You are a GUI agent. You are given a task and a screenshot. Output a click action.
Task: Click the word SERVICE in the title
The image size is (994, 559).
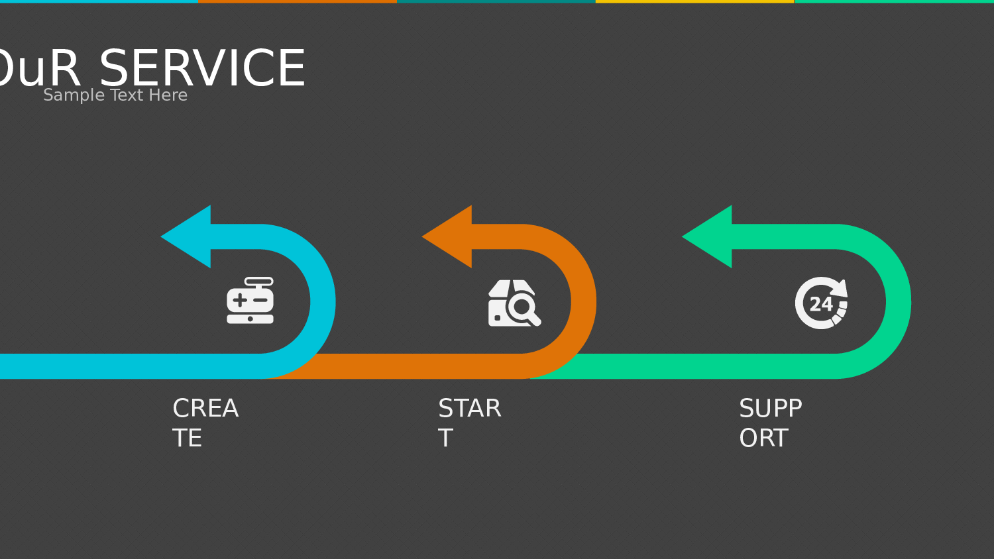202,68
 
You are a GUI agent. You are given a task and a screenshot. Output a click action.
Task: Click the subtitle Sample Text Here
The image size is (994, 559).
115,95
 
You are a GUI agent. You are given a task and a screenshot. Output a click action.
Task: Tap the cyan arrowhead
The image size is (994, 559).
188,236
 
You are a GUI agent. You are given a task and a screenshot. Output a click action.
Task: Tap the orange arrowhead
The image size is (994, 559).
449,236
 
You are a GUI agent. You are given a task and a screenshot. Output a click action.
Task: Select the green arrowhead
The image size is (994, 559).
709,236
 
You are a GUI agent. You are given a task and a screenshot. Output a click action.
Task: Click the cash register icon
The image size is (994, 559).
250,301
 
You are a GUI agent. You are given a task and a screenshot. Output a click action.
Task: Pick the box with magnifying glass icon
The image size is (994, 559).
514,303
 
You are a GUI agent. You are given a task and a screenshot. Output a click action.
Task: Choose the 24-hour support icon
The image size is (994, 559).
821,303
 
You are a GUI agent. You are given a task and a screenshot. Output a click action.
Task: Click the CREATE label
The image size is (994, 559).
205,423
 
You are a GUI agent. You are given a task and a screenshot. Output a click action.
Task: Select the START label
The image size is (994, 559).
469,423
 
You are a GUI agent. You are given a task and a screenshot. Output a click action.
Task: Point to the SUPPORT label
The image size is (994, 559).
770,423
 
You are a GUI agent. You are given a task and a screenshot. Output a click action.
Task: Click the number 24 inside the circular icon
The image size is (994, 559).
821,304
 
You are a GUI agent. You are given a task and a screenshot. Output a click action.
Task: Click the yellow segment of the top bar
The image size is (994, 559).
695,1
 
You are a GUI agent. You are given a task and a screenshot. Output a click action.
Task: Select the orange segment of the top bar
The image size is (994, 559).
298,1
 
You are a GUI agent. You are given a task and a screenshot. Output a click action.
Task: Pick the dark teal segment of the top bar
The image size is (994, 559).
496,1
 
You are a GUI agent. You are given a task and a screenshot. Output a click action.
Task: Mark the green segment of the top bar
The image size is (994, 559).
894,1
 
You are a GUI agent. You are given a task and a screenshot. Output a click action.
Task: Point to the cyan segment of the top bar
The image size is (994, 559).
99,1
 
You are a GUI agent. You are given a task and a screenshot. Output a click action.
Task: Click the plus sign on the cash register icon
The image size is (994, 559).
239,300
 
